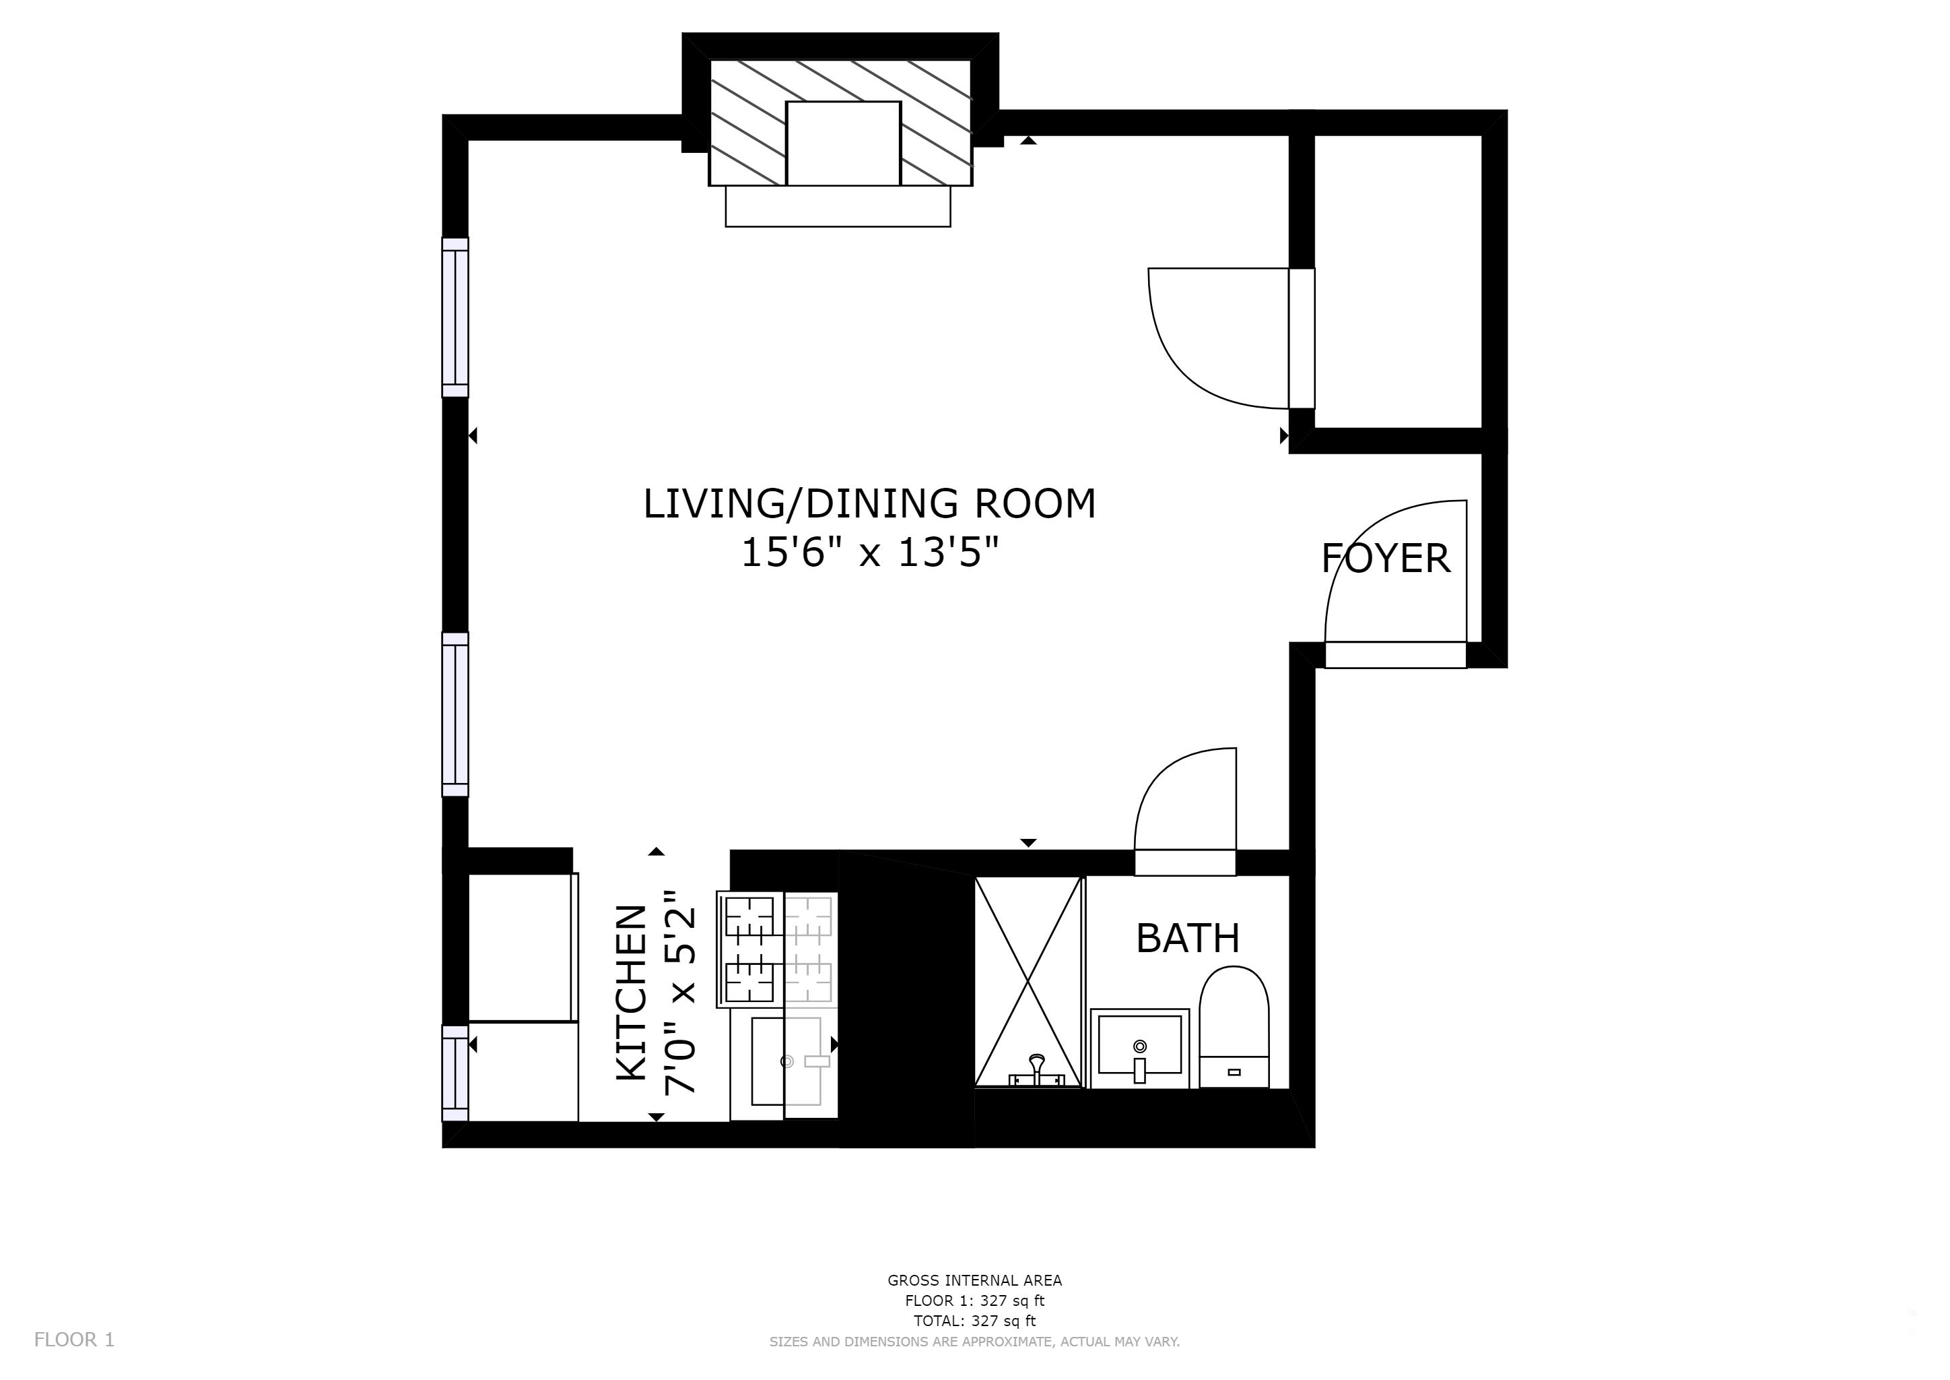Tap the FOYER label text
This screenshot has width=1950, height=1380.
click(x=1385, y=559)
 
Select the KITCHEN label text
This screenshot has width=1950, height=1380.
click(x=631, y=993)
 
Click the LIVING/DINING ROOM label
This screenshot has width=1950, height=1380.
click(x=869, y=503)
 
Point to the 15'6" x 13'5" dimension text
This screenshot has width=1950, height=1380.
click(x=869, y=553)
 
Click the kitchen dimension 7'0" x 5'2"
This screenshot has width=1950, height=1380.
click(x=679, y=993)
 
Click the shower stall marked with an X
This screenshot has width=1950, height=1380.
click(x=1028, y=982)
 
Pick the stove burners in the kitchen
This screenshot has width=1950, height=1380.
click(x=750, y=949)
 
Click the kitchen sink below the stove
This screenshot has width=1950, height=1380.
click(x=784, y=1062)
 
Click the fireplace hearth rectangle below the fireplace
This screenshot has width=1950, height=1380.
click(x=838, y=206)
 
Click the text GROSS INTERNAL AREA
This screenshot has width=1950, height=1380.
click(x=974, y=1280)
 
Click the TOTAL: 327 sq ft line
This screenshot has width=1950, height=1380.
click(x=974, y=1321)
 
